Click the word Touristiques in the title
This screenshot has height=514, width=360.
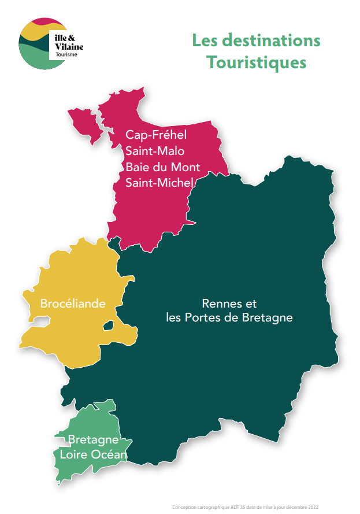[256, 62]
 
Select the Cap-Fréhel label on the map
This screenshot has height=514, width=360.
[157, 135]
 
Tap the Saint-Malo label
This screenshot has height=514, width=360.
[155, 151]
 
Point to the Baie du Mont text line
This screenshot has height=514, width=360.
[163, 167]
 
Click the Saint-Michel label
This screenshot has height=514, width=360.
[159, 183]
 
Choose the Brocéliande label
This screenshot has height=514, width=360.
[73, 303]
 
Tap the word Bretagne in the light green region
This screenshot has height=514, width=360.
[94, 439]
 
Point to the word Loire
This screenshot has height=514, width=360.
[74, 455]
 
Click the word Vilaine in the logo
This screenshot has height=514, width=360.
[70, 46]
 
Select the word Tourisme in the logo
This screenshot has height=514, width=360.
[66, 55]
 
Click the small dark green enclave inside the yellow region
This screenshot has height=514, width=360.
[108, 327]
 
